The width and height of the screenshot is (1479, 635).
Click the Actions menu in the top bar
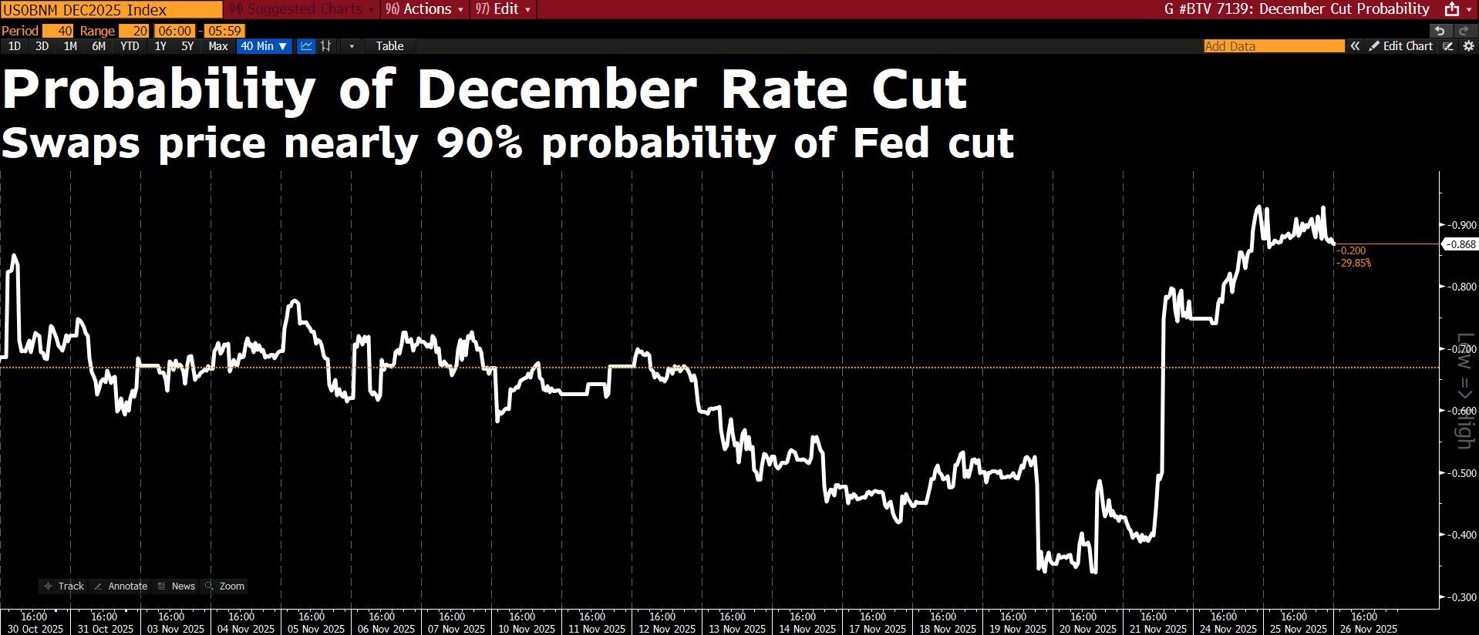[x=425, y=9]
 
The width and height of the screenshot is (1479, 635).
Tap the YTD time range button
[x=130, y=46]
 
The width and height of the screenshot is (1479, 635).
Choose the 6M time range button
[x=99, y=46]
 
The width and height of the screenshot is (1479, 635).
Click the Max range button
[x=218, y=46]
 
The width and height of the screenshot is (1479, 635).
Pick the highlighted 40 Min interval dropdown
[x=264, y=46]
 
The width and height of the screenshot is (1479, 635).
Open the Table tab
[x=389, y=46]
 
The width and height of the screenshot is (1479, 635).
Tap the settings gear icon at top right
[x=1468, y=46]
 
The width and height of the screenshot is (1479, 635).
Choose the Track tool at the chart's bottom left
[x=65, y=586]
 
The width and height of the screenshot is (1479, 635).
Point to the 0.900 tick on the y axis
[x=1460, y=225]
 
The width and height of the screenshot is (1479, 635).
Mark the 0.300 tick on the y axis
[x=1460, y=597]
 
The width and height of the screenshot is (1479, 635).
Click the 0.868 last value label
[x=1460, y=245]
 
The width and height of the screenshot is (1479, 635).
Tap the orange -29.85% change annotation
[x=1353, y=263]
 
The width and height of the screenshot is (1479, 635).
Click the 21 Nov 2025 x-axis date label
[x=1154, y=629]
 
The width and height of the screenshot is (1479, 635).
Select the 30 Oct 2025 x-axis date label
[x=34, y=629]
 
